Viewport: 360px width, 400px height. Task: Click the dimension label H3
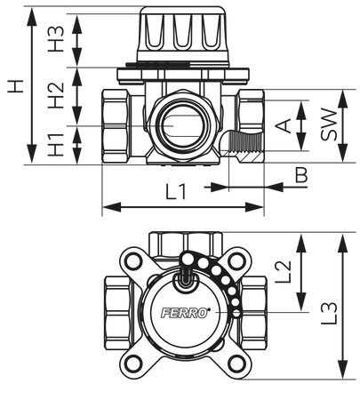56,39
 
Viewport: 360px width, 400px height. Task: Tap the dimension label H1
56,145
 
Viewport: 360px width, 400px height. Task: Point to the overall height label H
15,86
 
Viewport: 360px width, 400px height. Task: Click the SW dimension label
329,124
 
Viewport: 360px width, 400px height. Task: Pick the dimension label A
284,125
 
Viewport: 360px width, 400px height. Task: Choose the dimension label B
301,175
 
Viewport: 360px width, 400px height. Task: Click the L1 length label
176,191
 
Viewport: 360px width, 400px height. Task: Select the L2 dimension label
284,272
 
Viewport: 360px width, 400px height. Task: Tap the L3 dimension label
329,313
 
